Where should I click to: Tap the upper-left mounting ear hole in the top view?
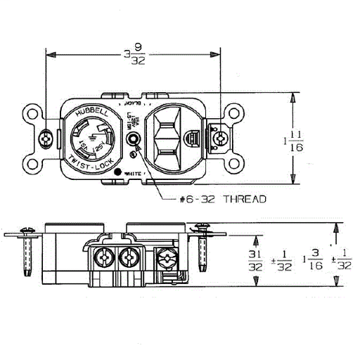point(33,112)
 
